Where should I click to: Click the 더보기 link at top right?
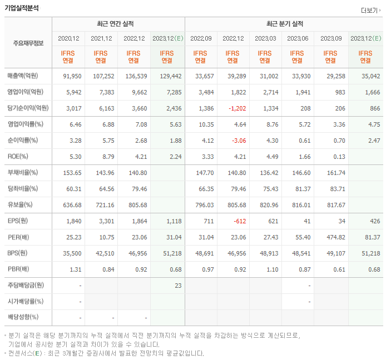[x=369, y=10]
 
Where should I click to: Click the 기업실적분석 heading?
[x=23, y=8]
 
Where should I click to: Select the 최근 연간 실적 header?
[x=117, y=24]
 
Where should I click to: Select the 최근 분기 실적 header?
[x=284, y=24]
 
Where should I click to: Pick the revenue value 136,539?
[x=135, y=76]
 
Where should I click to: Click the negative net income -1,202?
[x=232, y=108]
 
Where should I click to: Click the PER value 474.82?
[x=331, y=237]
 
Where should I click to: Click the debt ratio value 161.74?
[x=331, y=173]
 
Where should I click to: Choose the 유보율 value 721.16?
[x=102, y=205]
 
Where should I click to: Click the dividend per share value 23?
[x=178, y=286]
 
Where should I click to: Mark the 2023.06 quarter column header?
[x=298, y=38]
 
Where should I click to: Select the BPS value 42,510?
[x=103, y=253]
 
